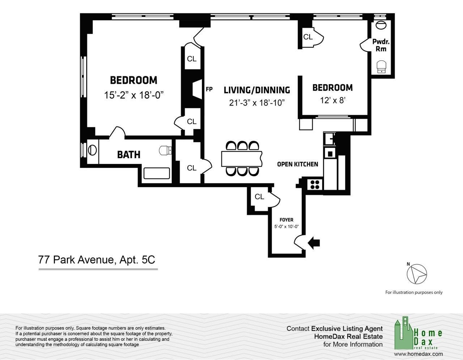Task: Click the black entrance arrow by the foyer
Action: [314, 243]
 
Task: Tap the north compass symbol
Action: [417, 274]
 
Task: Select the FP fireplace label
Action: [209, 89]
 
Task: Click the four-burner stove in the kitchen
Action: [315, 185]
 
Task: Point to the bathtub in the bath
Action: [157, 173]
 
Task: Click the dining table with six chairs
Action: [242, 159]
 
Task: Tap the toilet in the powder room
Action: [381, 67]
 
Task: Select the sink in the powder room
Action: [381, 25]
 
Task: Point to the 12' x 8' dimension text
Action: [333, 100]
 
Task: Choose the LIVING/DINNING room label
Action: [257, 90]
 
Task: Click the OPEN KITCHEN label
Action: [297, 164]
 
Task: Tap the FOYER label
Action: [286, 220]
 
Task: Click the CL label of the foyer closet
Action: [259, 196]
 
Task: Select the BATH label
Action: [129, 154]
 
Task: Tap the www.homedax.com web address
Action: [418, 354]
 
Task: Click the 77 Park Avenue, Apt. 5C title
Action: [97, 260]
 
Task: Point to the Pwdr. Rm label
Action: [381, 45]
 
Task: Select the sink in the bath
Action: [92, 150]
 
